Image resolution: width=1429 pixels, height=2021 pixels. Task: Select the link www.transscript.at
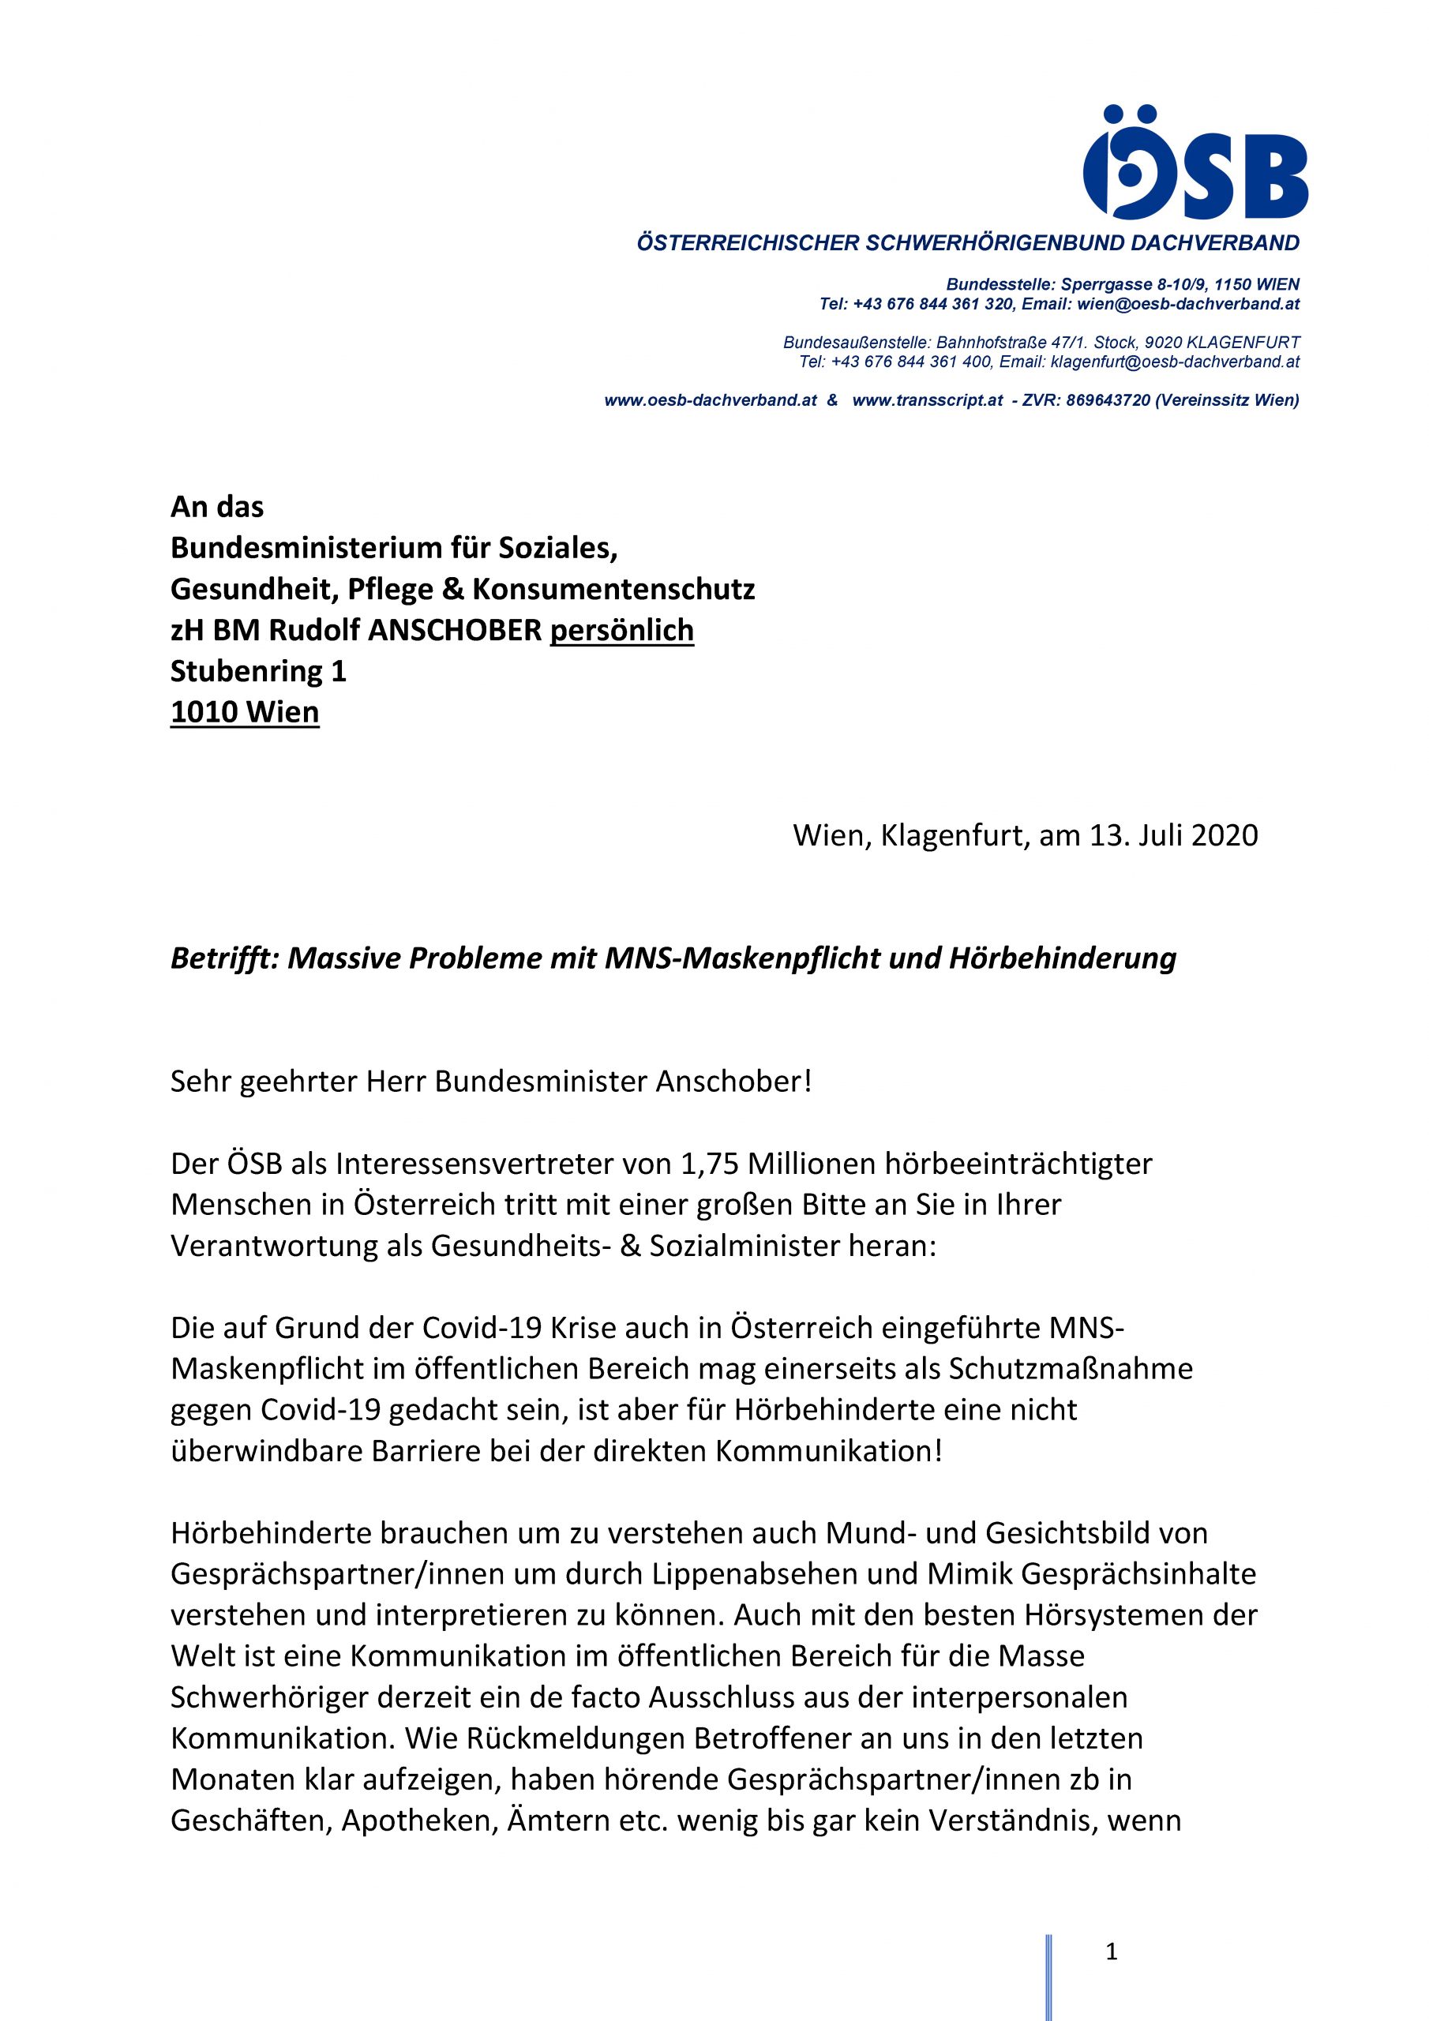click(x=927, y=400)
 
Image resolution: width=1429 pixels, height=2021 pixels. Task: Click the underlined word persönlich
click(x=621, y=630)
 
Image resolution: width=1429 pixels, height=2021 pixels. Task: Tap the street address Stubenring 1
click(x=258, y=671)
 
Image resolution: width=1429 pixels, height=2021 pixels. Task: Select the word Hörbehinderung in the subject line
click(x=1062, y=958)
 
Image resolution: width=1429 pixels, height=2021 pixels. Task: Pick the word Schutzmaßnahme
click(x=1071, y=1369)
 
